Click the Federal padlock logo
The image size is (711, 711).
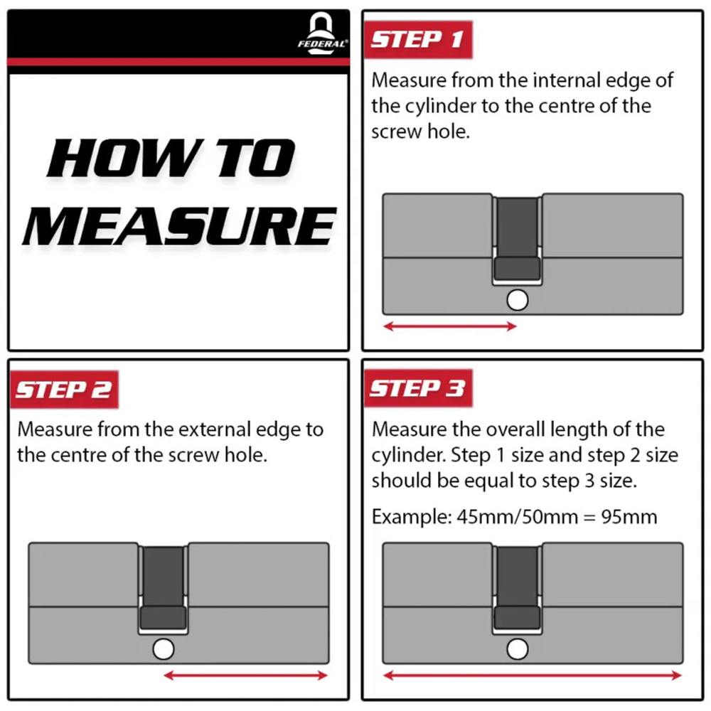point(322,34)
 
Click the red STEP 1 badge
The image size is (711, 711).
point(418,39)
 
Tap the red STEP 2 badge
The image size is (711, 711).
point(65,390)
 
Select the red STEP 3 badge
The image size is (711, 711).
point(418,389)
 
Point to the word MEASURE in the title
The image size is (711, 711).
point(180,225)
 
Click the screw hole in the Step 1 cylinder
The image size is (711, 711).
point(518,300)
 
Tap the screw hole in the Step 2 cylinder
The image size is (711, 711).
point(164,649)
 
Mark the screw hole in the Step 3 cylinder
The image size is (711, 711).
point(518,649)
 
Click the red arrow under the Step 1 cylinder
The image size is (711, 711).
point(450,326)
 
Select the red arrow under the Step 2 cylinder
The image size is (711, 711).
point(245,675)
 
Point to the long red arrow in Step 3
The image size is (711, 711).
point(533,675)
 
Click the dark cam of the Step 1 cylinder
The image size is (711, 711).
point(518,239)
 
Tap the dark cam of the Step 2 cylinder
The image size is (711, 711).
point(164,588)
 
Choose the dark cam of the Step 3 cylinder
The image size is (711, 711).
point(518,588)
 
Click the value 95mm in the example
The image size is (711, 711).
point(629,517)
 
